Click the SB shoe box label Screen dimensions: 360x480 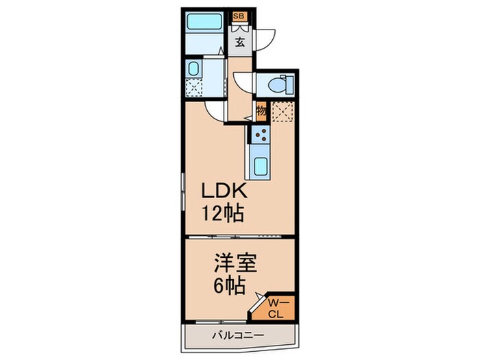coord(240,15)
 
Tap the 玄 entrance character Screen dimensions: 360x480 coord(240,42)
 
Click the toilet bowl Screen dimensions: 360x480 coord(281,85)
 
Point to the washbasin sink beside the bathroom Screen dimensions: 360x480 coord(193,69)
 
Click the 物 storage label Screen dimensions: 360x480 coord(261,110)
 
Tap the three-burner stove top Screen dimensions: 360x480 coord(261,134)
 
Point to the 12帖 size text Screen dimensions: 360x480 coord(221,213)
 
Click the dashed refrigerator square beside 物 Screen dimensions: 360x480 coord(281,111)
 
